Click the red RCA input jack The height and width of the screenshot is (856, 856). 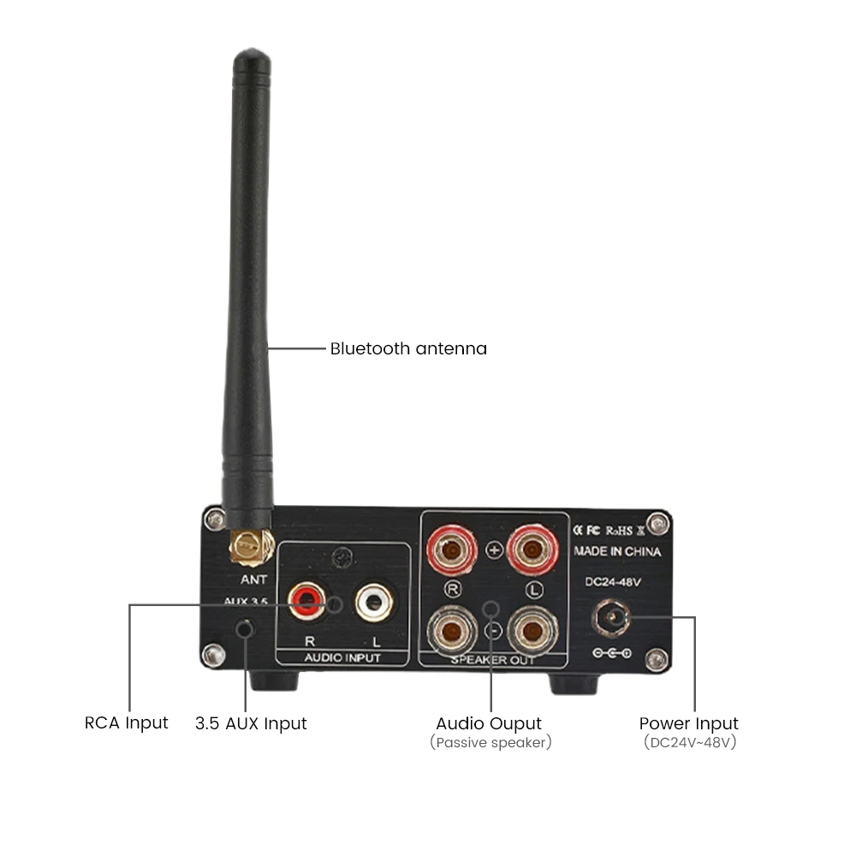coord(306,600)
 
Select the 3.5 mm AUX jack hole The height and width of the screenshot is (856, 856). coord(246,630)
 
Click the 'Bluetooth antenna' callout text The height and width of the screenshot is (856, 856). coord(408,348)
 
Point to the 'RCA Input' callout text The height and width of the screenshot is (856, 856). coord(127,723)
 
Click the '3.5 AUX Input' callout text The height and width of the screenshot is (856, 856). coord(251,723)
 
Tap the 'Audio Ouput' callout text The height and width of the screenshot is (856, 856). coord(489,723)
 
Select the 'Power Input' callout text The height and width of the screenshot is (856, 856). coord(688,723)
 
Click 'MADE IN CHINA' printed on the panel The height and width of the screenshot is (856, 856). coord(617,552)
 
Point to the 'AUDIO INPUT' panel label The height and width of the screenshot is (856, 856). coord(342,657)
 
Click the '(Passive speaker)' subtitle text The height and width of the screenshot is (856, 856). coord(490,742)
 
